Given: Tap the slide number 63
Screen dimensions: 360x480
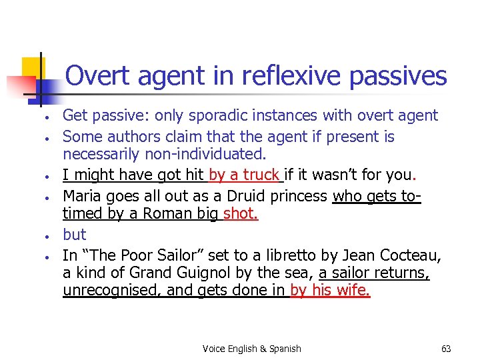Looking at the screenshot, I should point(446,349).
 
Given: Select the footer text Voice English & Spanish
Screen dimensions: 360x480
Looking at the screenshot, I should point(251,349).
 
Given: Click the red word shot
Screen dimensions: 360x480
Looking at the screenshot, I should point(241,215).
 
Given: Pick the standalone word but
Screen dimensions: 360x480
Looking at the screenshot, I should point(75,235).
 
